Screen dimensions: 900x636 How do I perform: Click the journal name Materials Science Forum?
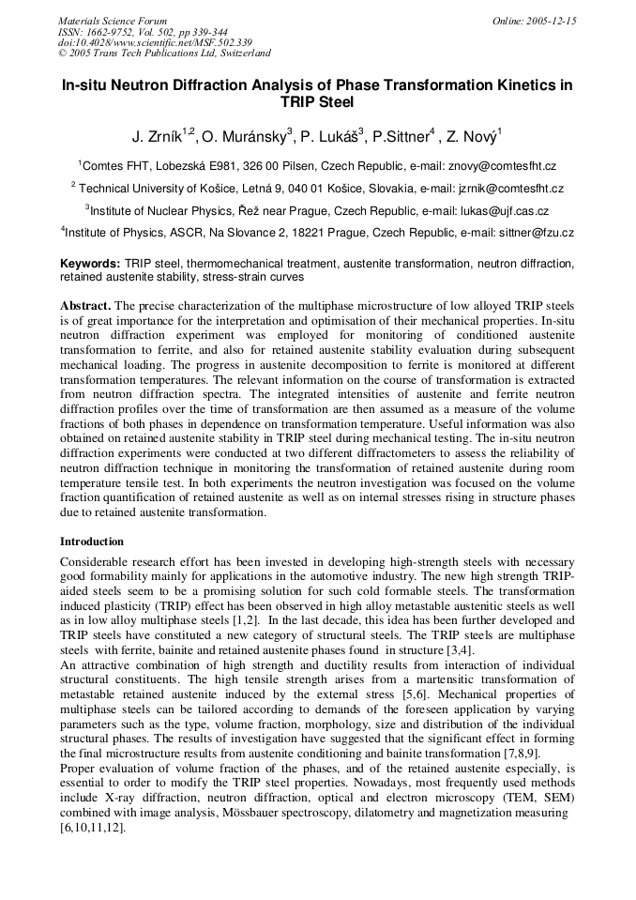coord(113,21)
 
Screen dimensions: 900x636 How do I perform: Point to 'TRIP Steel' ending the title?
coord(317,101)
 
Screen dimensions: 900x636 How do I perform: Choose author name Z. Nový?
coord(477,137)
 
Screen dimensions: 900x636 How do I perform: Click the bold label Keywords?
coord(90,265)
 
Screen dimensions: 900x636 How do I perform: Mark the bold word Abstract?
coord(85,306)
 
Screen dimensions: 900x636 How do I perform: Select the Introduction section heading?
coord(92,542)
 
